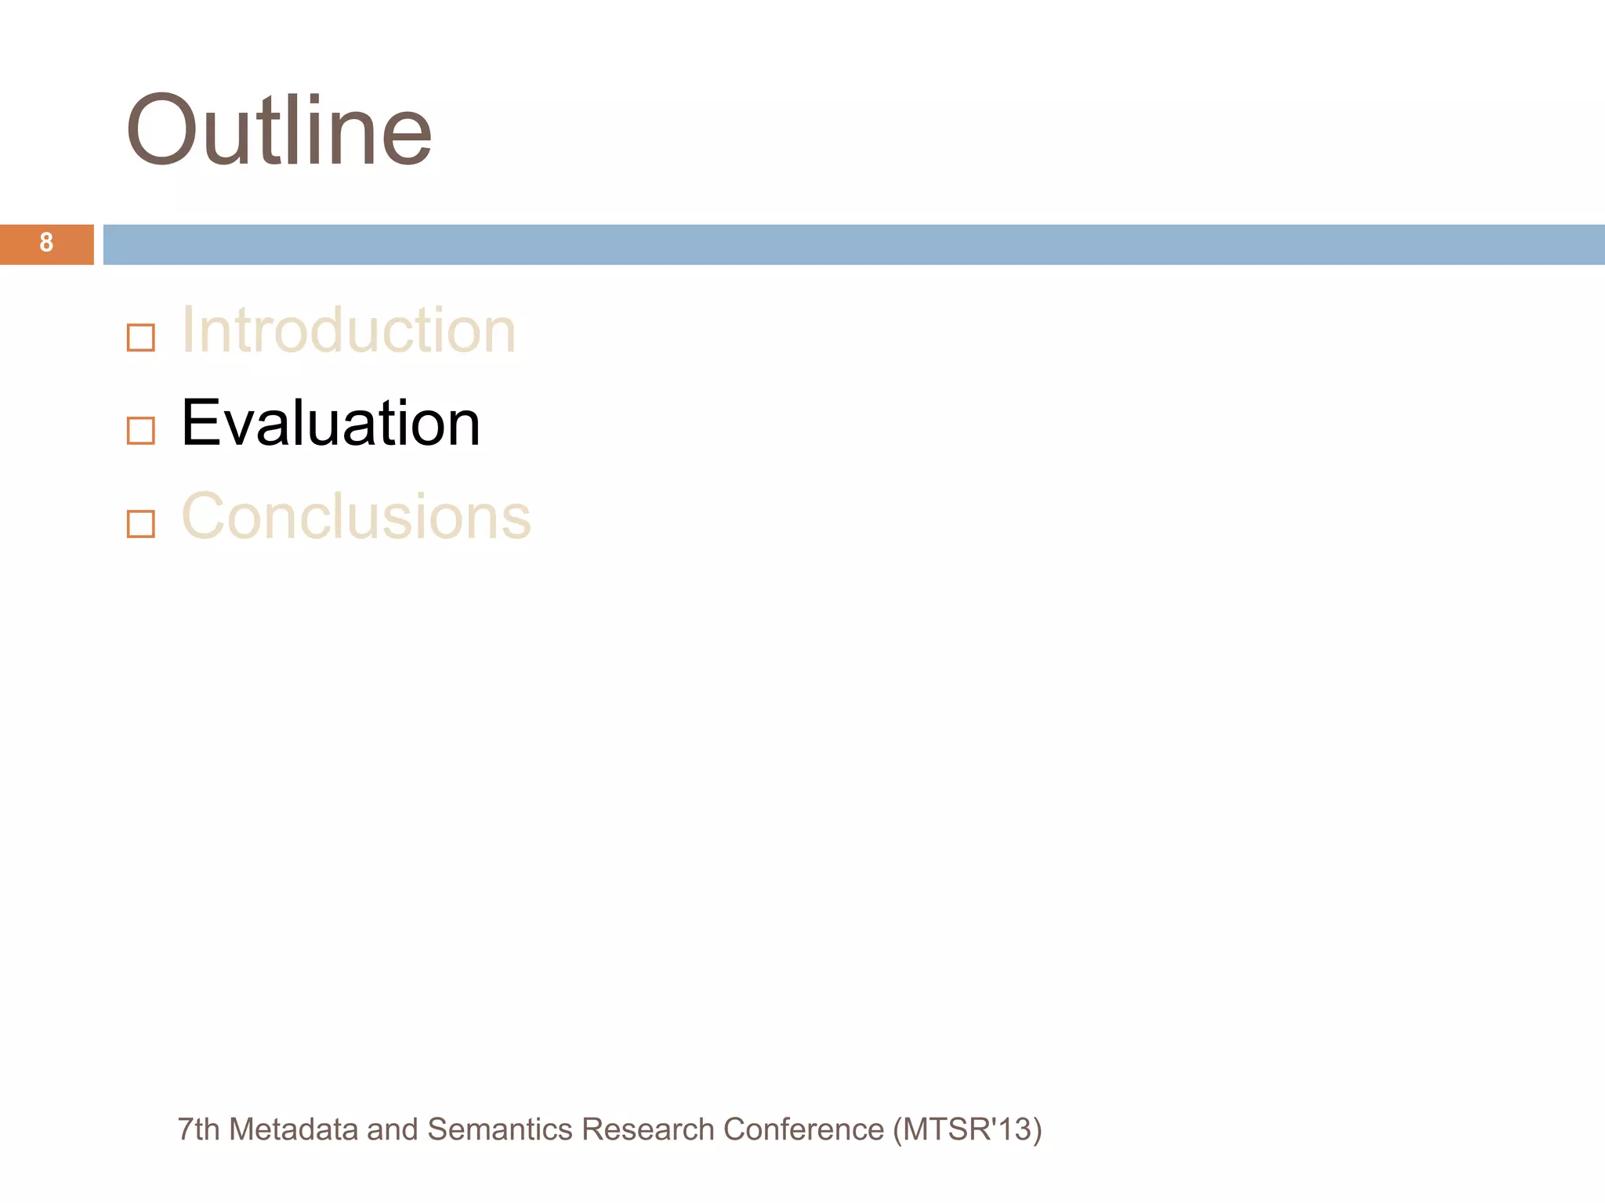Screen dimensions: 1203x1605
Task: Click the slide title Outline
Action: point(279,131)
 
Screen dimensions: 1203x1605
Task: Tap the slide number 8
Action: point(46,243)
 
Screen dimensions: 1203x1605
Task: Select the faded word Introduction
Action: point(348,331)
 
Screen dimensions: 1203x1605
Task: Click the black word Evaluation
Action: point(330,424)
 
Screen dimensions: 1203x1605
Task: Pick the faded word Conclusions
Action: point(356,517)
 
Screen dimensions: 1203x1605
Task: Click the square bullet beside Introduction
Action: point(141,338)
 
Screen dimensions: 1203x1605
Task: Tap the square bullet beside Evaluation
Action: point(141,431)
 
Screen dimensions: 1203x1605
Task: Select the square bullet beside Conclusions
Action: point(141,524)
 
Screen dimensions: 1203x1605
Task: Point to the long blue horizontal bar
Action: point(853,244)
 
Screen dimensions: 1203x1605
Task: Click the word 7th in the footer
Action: point(198,1129)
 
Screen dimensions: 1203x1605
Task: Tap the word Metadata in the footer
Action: point(293,1129)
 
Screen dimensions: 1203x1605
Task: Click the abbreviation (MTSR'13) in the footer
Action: point(967,1129)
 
